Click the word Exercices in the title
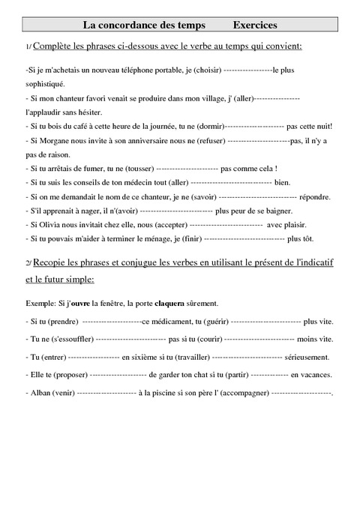click(255, 25)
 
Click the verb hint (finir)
click(184, 238)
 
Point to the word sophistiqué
click(46, 84)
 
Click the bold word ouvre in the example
click(80, 303)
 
